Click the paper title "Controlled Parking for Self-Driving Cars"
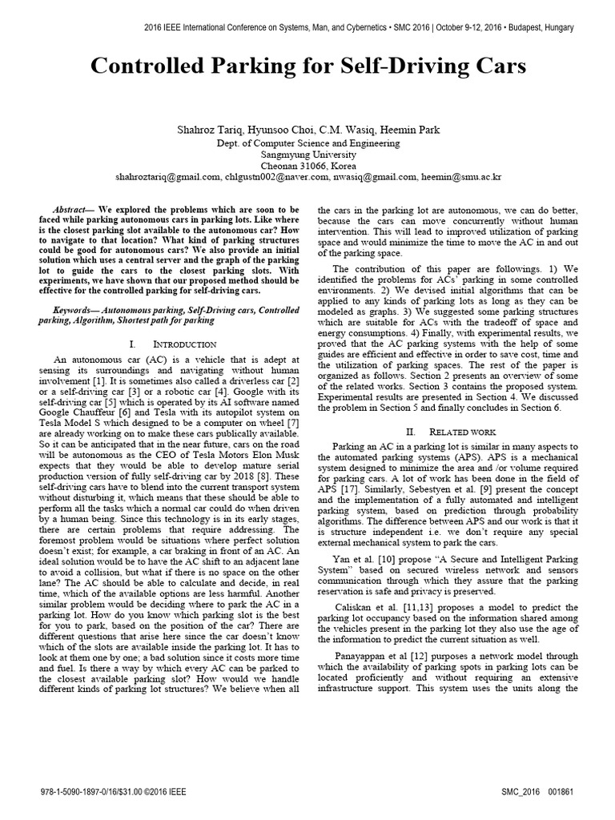pyautogui.click(x=308, y=66)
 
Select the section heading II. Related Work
pyautogui.click(x=451, y=431)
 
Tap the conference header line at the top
pyautogui.click(x=358, y=27)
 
